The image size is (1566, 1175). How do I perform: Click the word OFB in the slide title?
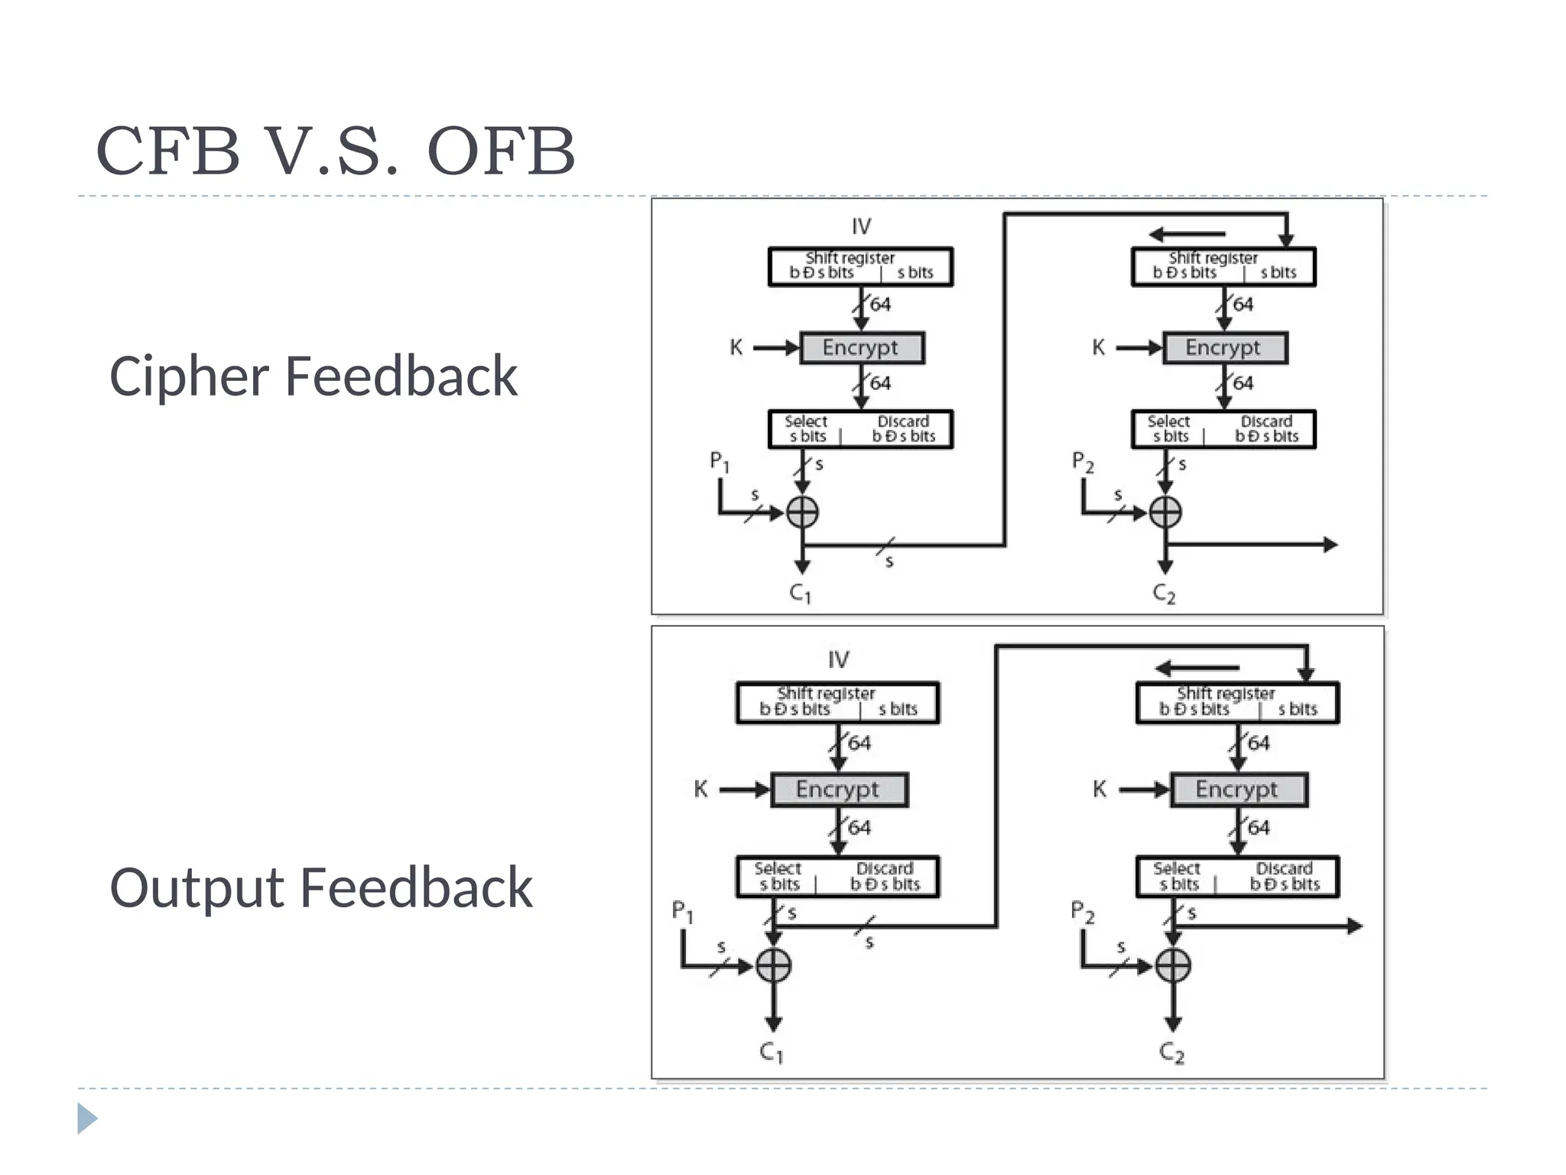pos(501,151)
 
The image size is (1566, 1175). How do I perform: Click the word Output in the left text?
pos(197,888)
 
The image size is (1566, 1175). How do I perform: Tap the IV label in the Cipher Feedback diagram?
pos(861,226)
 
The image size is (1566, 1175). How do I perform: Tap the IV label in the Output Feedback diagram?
pos(838,659)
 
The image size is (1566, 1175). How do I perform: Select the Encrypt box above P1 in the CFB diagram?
pos(862,348)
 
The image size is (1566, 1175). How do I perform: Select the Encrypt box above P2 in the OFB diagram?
pos(1238,789)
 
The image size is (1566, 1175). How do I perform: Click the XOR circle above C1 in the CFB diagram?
pos(802,512)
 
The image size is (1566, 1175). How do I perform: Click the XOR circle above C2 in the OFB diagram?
pos(1173,965)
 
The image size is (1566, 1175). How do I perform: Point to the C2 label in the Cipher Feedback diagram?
pos(1164,594)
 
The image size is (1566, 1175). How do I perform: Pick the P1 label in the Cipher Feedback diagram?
pos(720,461)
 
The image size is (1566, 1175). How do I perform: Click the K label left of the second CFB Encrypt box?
pos(1099,347)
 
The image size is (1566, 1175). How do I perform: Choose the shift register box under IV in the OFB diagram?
pos(837,702)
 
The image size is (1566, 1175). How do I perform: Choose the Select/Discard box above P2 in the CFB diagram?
pos(1223,429)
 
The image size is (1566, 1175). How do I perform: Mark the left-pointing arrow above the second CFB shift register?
pos(1187,234)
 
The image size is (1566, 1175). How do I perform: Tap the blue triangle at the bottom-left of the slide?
pos(87,1118)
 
